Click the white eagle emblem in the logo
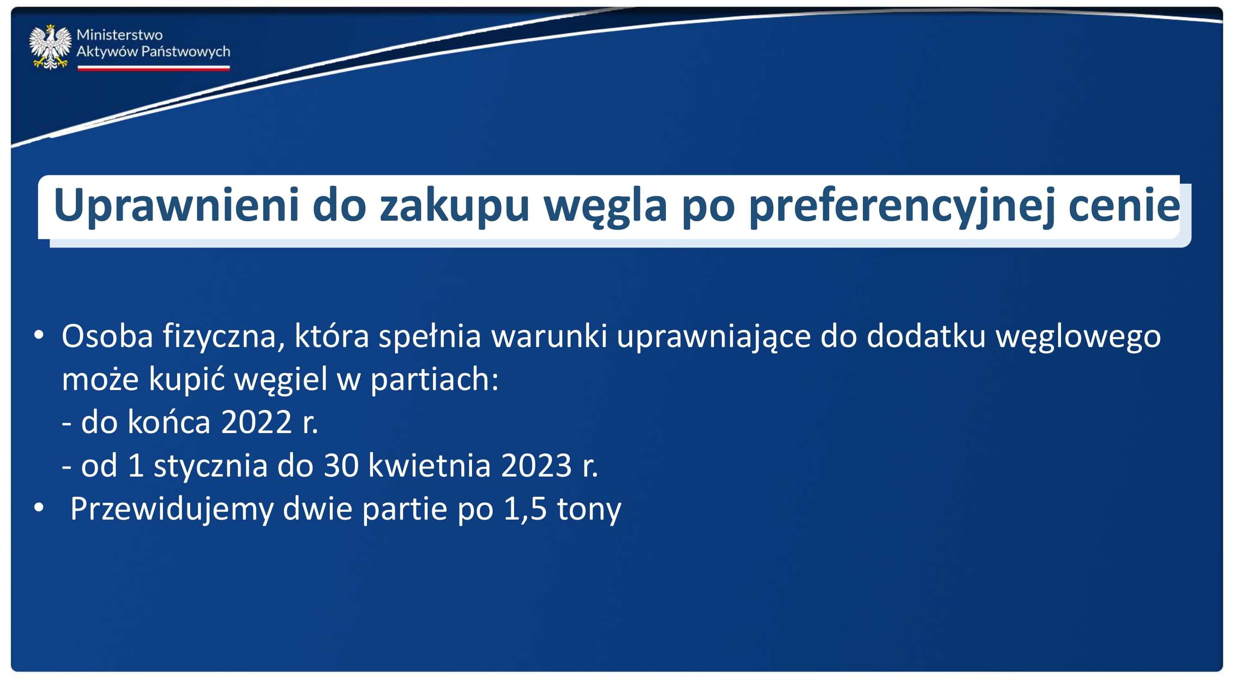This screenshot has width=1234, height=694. [x=50, y=47]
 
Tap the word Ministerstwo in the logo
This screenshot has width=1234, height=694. [x=120, y=35]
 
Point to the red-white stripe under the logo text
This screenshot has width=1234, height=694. [x=154, y=68]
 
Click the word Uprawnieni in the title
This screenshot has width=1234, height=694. [x=176, y=206]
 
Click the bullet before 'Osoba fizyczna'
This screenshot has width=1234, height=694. [x=39, y=335]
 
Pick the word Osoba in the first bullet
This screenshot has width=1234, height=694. [x=107, y=336]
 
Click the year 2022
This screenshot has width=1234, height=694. [x=257, y=422]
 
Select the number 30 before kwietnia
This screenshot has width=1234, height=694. [x=341, y=465]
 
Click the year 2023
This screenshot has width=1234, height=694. [x=537, y=465]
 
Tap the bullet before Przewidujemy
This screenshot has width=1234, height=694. [x=39, y=508]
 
